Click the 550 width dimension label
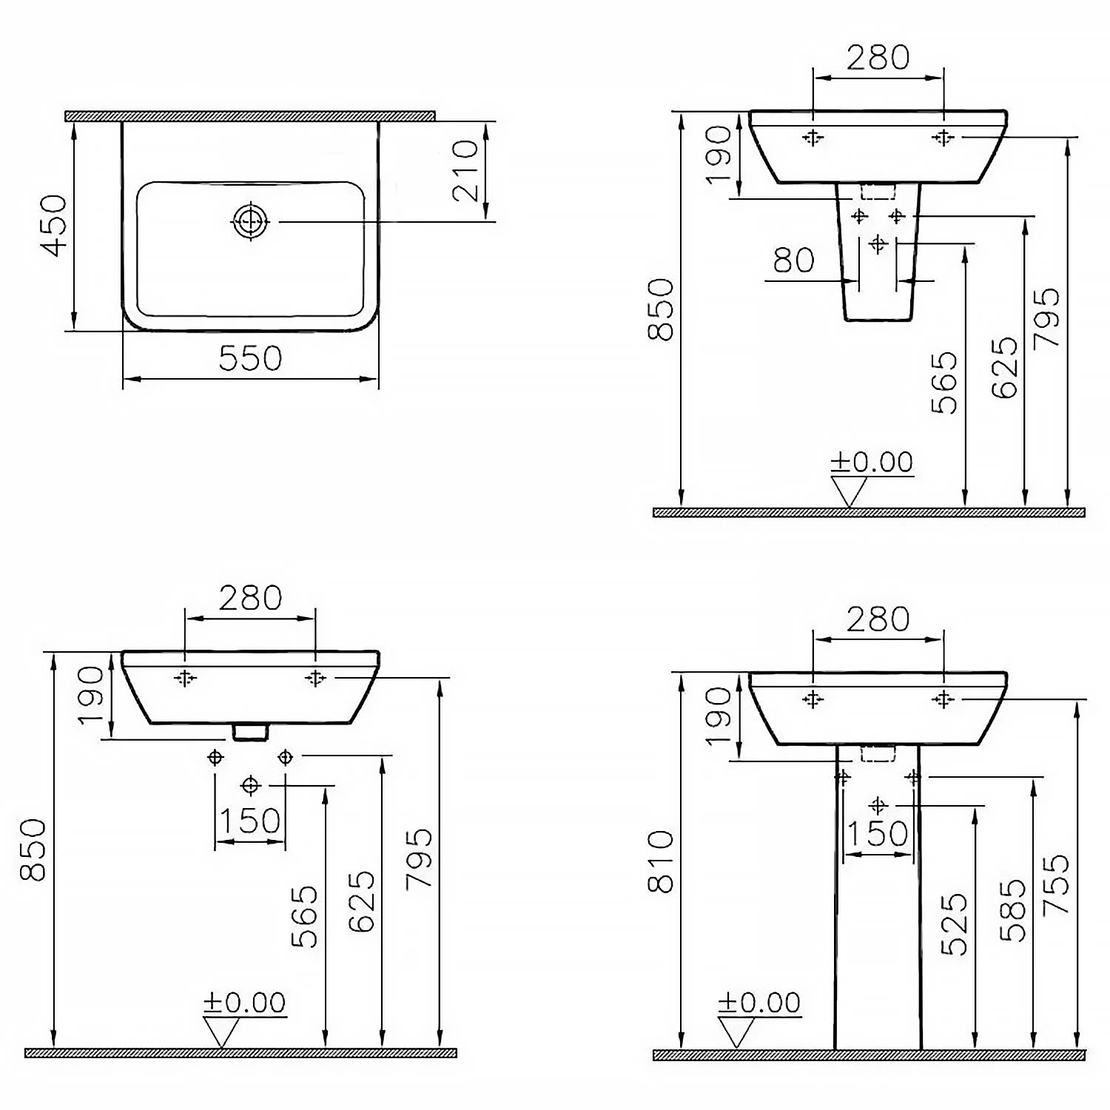coord(251,359)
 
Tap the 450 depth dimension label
coord(55,226)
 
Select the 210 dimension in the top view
coord(466,171)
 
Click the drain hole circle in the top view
coord(252,221)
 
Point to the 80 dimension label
coord(794,260)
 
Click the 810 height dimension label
coord(661,861)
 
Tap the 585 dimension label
coord(1013,910)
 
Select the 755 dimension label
coord(1056,884)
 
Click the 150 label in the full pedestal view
coord(878,833)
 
